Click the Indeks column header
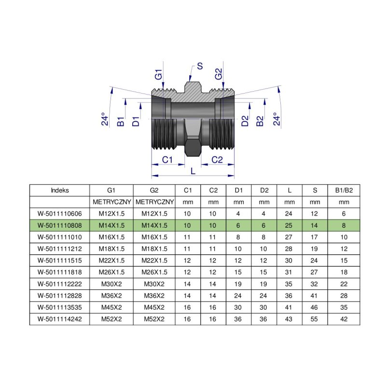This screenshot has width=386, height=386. click(59, 190)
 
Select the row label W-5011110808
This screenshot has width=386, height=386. click(59, 225)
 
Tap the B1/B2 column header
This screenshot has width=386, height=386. click(344, 190)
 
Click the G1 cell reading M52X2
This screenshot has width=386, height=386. click(111, 319)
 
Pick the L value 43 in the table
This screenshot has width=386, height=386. click(289, 319)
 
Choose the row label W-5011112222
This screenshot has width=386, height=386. click(59, 284)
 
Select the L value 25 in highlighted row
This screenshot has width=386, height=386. click(289, 225)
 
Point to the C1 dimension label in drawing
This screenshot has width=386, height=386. click(167, 160)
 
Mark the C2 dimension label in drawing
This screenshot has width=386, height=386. click(218, 160)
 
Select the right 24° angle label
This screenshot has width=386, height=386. click(276, 119)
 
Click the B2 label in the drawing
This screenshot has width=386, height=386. click(260, 121)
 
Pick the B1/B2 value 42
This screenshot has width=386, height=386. click(344, 319)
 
